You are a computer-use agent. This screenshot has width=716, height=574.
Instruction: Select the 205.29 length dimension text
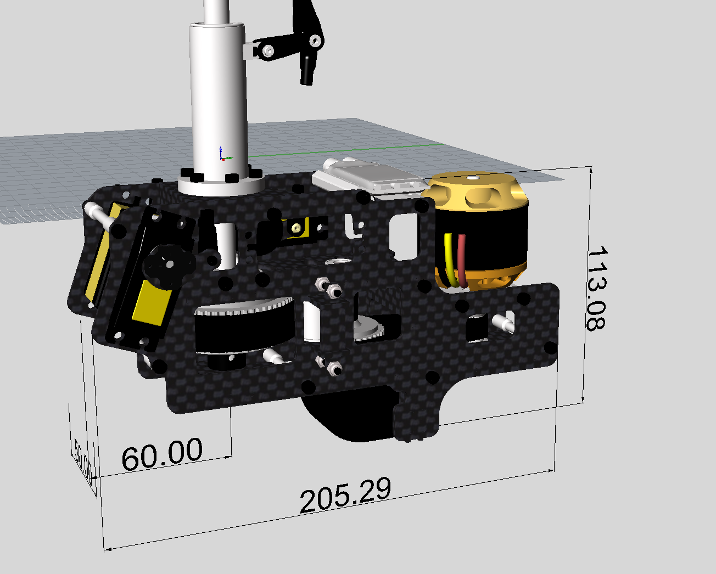pyautogui.click(x=346, y=495)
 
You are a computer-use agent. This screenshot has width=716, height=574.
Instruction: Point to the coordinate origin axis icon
pyautogui.click(x=221, y=154)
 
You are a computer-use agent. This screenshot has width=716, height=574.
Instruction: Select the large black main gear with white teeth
pyautogui.click(x=242, y=329)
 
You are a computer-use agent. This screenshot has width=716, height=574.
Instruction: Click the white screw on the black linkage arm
pyautogui.click(x=267, y=51)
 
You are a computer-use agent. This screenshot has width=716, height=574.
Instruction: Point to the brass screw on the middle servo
pyautogui.click(x=297, y=227)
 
